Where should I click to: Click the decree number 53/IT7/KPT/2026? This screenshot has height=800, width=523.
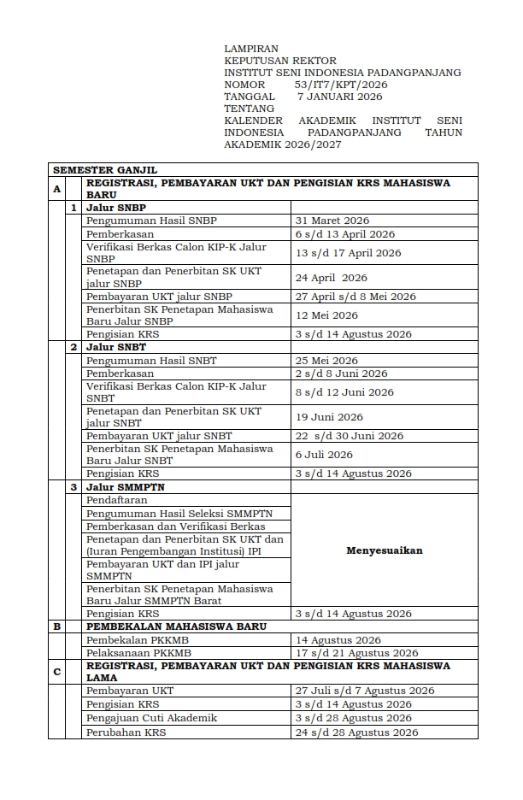click(x=341, y=85)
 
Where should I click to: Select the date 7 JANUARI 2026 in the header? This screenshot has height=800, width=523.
click(x=339, y=97)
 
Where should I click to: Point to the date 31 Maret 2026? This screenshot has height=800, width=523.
click(x=332, y=221)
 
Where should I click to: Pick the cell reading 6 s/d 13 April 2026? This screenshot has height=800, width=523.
click(x=344, y=234)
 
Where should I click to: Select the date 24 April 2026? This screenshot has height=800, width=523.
click(x=331, y=278)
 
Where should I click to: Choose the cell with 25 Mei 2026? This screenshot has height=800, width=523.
click(x=326, y=361)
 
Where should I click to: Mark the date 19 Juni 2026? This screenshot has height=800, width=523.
click(x=329, y=417)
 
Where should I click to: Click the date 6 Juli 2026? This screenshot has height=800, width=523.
click(x=324, y=455)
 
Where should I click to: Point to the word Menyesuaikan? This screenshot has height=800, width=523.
click(x=384, y=550)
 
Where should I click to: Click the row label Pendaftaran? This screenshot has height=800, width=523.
click(x=116, y=500)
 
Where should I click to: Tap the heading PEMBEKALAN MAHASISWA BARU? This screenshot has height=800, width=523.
click(x=176, y=626)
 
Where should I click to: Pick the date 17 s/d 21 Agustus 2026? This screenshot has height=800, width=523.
click(x=356, y=653)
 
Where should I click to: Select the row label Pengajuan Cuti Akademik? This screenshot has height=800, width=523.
click(x=151, y=719)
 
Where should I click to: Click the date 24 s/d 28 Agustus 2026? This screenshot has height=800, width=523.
click(x=356, y=732)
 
